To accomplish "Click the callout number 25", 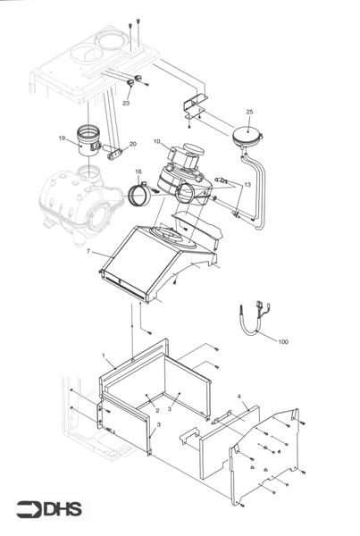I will click(249, 112).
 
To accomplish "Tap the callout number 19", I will click(62, 138).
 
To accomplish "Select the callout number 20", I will click(133, 143).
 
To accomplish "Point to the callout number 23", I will click(126, 104).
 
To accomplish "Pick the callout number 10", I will click(156, 141).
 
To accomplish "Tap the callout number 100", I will click(283, 341).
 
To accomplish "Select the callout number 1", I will click(104, 355).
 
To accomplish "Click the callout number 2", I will click(157, 409).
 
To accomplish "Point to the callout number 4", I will click(239, 395).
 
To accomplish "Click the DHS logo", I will click(49, 510).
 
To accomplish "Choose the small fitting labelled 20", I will click(115, 151).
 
